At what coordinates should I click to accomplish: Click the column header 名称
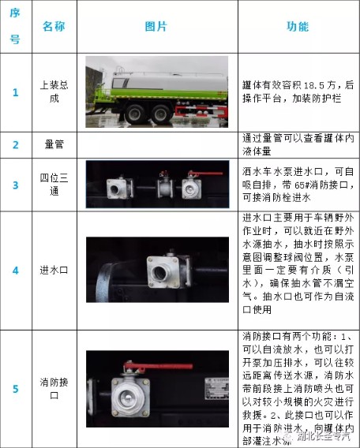pos(54,26)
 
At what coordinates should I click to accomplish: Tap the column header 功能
pos(297,26)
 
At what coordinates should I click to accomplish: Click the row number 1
pos(15,91)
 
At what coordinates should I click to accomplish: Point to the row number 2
pos(15,145)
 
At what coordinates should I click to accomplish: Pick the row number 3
pos(15,185)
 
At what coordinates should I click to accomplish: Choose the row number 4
pos(15,270)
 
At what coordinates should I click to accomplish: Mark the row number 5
pos(15,388)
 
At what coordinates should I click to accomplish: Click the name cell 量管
pos(54,145)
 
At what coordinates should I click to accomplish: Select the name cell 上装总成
pos(54,91)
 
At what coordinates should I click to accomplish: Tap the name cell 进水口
pos(54,270)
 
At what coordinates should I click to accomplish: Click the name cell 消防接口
pos(54,388)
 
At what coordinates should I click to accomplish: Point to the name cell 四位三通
pos(54,185)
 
